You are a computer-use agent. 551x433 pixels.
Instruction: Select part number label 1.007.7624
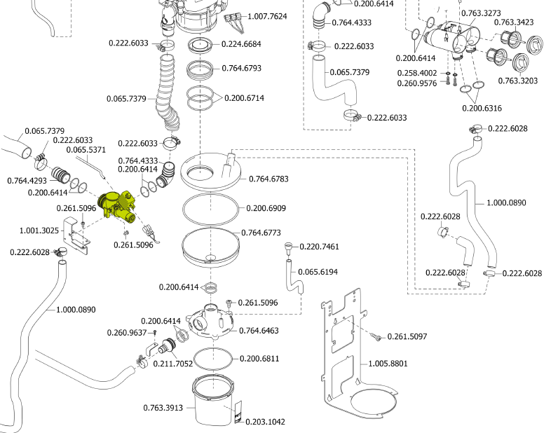click(x=267, y=15)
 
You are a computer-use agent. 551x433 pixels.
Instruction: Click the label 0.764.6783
click(x=269, y=179)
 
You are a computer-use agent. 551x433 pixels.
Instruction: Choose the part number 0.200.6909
click(x=265, y=208)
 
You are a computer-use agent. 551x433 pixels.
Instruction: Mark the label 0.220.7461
click(x=319, y=247)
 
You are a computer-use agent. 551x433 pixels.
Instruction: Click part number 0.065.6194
click(x=318, y=271)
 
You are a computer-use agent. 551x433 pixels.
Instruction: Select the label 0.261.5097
click(x=407, y=337)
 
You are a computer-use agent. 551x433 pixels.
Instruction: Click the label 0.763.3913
click(x=163, y=408)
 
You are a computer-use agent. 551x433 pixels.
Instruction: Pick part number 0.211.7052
click(x=172, y=364)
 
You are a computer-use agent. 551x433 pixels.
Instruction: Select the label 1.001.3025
click(x=39, y=230)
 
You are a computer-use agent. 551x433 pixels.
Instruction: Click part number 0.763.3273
click(x=481, y=13)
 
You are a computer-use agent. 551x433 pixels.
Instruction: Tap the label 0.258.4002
click(x=416, y=73)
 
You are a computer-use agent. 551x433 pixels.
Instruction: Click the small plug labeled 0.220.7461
click(x=287, y=247)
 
